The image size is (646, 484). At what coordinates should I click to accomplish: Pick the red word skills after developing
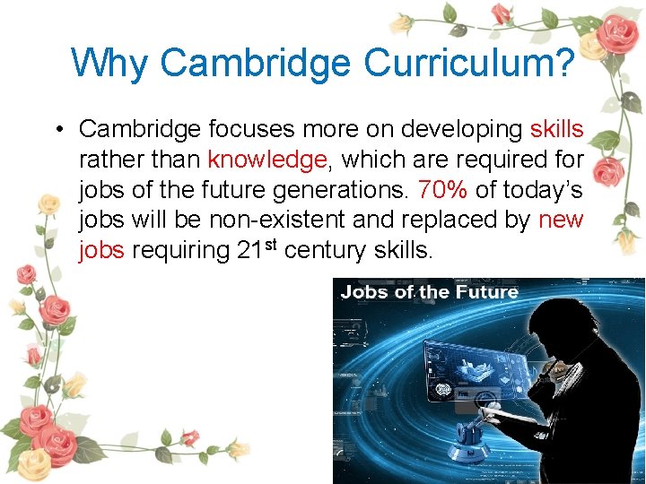[x=556, y=129]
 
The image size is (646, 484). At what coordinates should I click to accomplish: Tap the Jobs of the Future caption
[x=430, y=291]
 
